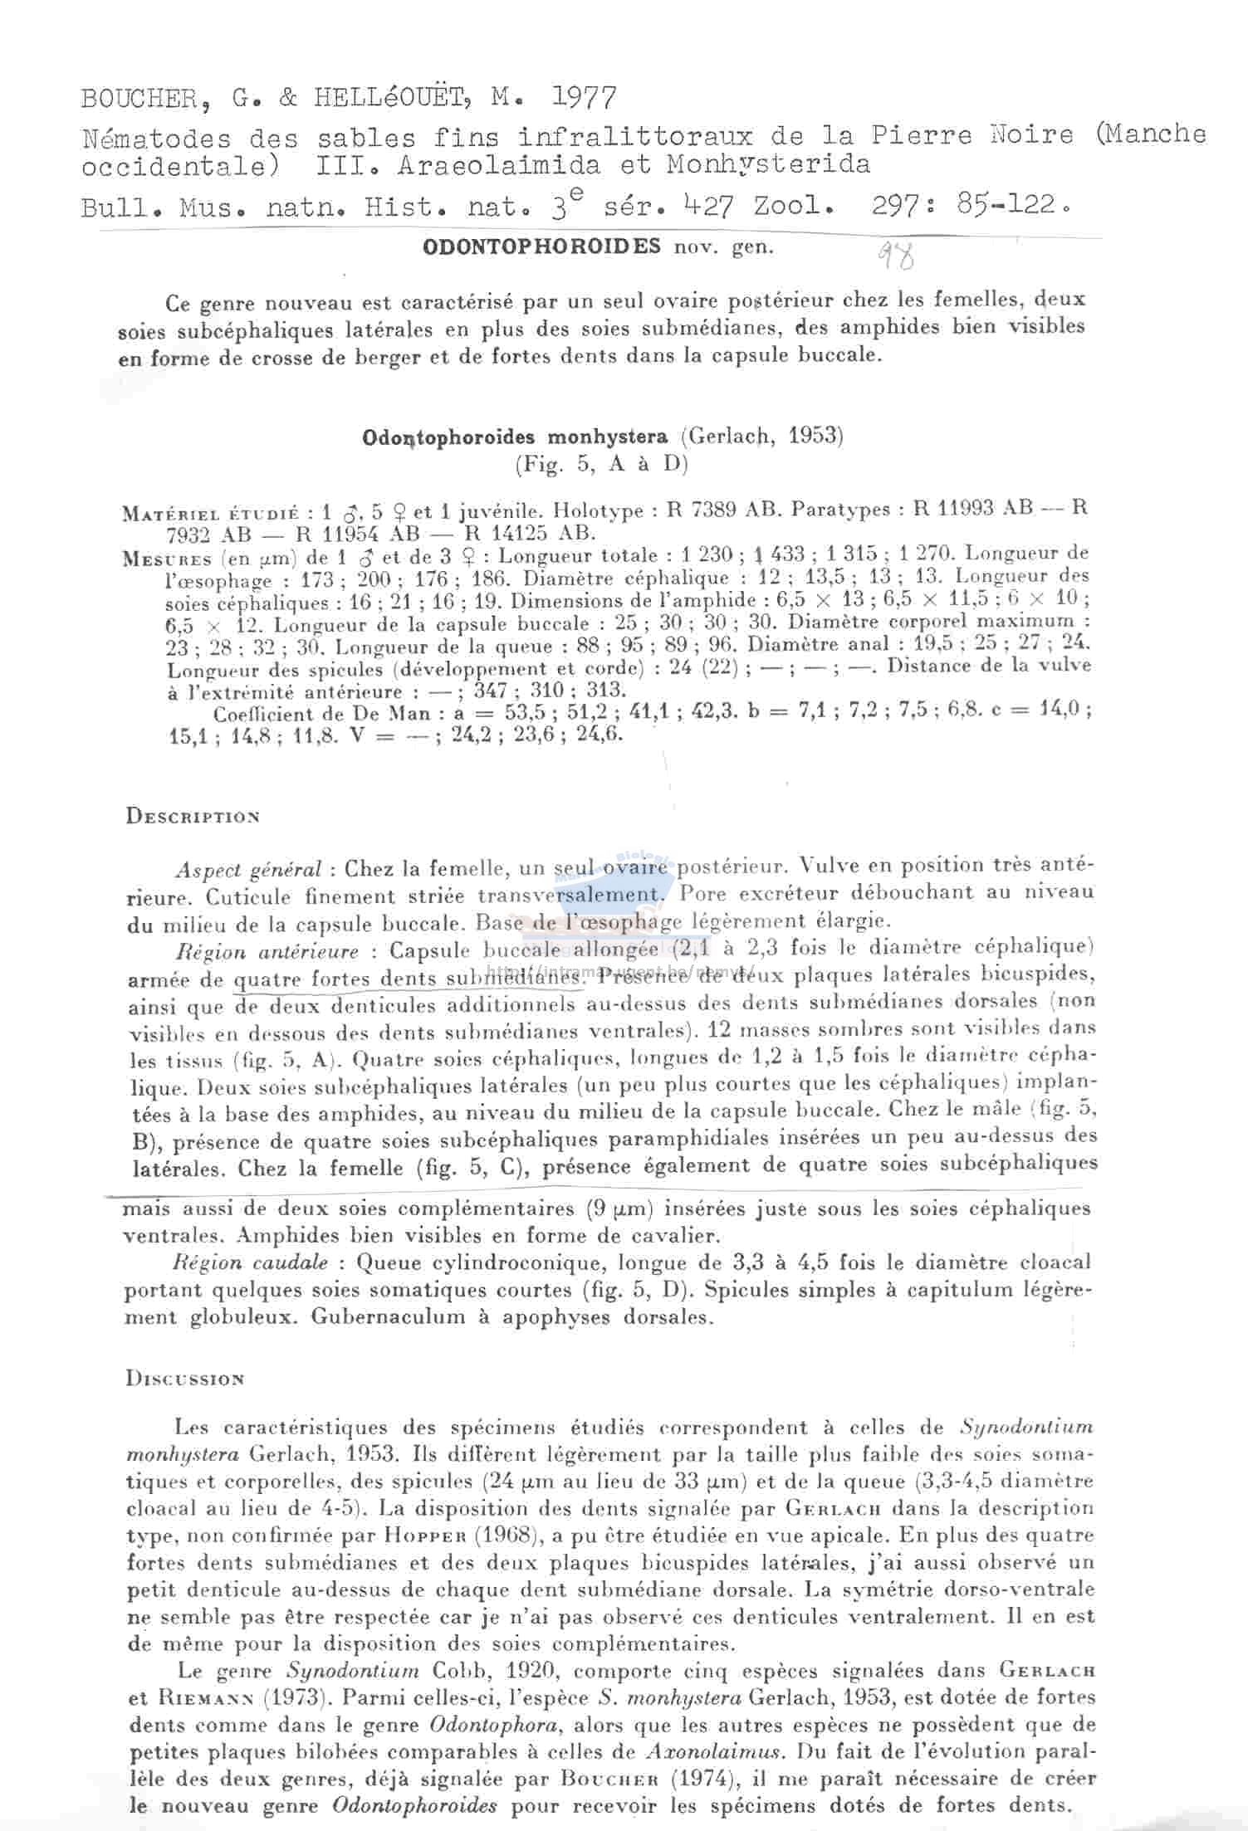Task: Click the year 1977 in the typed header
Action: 585,100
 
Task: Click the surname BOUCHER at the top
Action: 136,100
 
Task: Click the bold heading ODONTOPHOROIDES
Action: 542,247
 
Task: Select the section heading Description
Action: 193,817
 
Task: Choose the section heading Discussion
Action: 185,1379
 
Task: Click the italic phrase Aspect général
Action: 247,870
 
